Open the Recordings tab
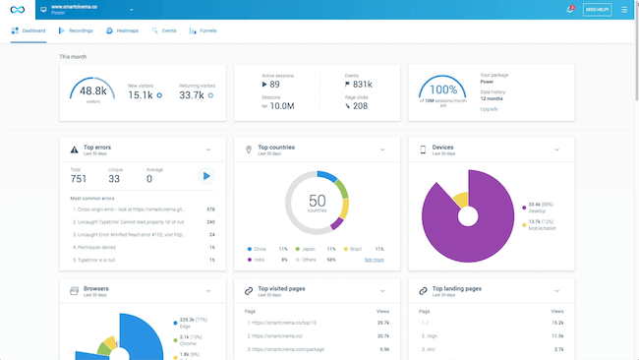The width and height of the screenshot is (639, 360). coord(76,31)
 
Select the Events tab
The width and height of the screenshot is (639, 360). coord(165,31)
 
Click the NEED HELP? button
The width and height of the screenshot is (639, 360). coord(597,9)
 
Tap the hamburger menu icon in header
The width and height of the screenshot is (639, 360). coord(623,9)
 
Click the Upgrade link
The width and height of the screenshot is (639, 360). coord(489,109)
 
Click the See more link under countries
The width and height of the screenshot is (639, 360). coord(374,260)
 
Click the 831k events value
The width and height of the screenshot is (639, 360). coord(362,85)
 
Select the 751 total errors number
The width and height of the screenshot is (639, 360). coord(79,178)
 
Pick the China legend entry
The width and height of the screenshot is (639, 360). coord(261,249)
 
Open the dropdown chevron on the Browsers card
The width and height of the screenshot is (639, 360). coord(208,291)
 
